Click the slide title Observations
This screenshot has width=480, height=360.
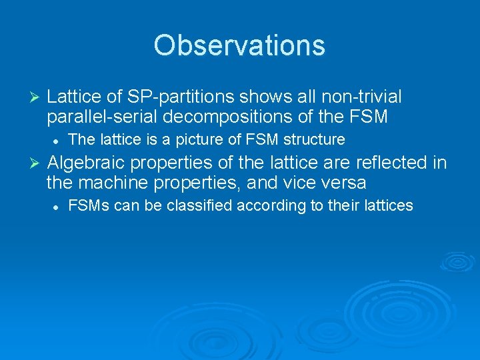pos(239,45)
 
